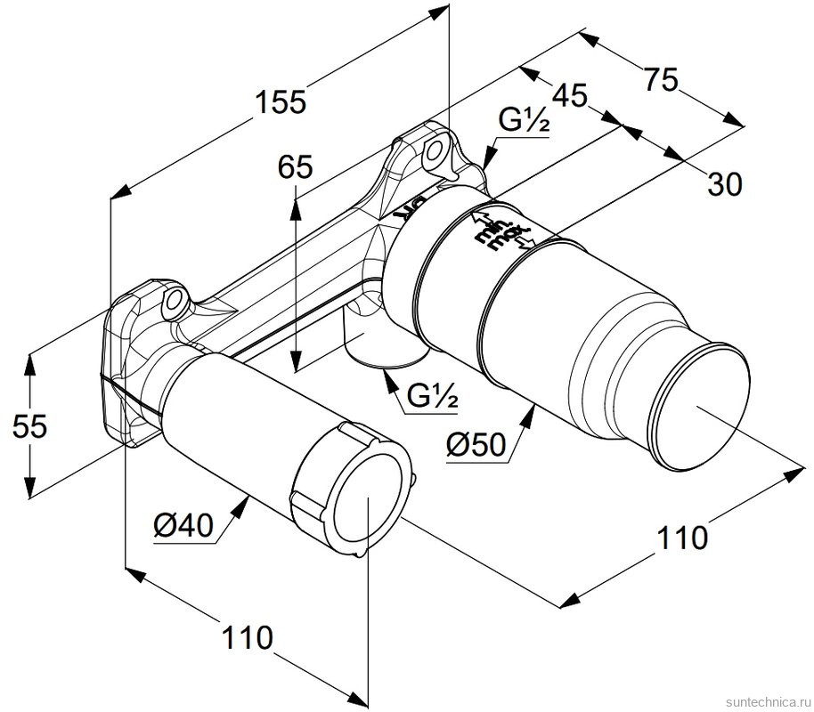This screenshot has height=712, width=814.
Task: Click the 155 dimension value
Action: [281, 102]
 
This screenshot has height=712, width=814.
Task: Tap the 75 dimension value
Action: [661, 80]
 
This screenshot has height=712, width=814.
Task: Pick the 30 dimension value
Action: [725, 184]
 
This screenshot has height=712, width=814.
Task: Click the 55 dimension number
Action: [29, 426]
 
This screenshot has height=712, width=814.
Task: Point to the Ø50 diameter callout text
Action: [475, 445]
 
